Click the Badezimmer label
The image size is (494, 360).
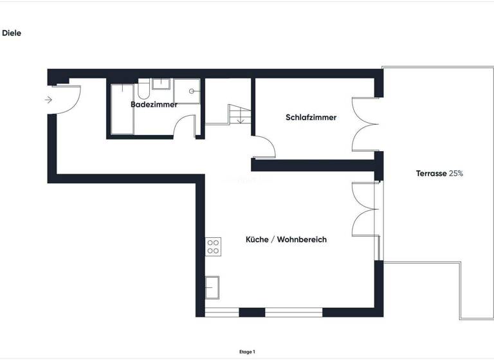click(x=154, y=104)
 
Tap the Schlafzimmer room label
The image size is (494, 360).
click(x=311, y=118)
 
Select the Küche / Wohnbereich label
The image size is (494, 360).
click(x=286, y=240)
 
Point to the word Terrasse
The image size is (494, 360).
click(x=431, y=174)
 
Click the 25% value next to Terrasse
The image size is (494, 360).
click(x=456, y=174)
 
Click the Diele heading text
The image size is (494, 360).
click(x=12, y=33)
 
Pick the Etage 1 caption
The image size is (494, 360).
click(x=246, y=352)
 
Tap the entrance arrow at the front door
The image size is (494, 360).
click(x=48, y=100)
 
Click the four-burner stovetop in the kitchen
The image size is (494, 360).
click(x=214, y=246)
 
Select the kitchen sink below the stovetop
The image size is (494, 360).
click(x=212, y=286)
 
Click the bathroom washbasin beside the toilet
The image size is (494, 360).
click(x=160, y=84)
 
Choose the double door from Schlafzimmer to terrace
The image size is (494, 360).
click(x=363, y=125)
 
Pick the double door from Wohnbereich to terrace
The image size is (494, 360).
click(x=365, y=209)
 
